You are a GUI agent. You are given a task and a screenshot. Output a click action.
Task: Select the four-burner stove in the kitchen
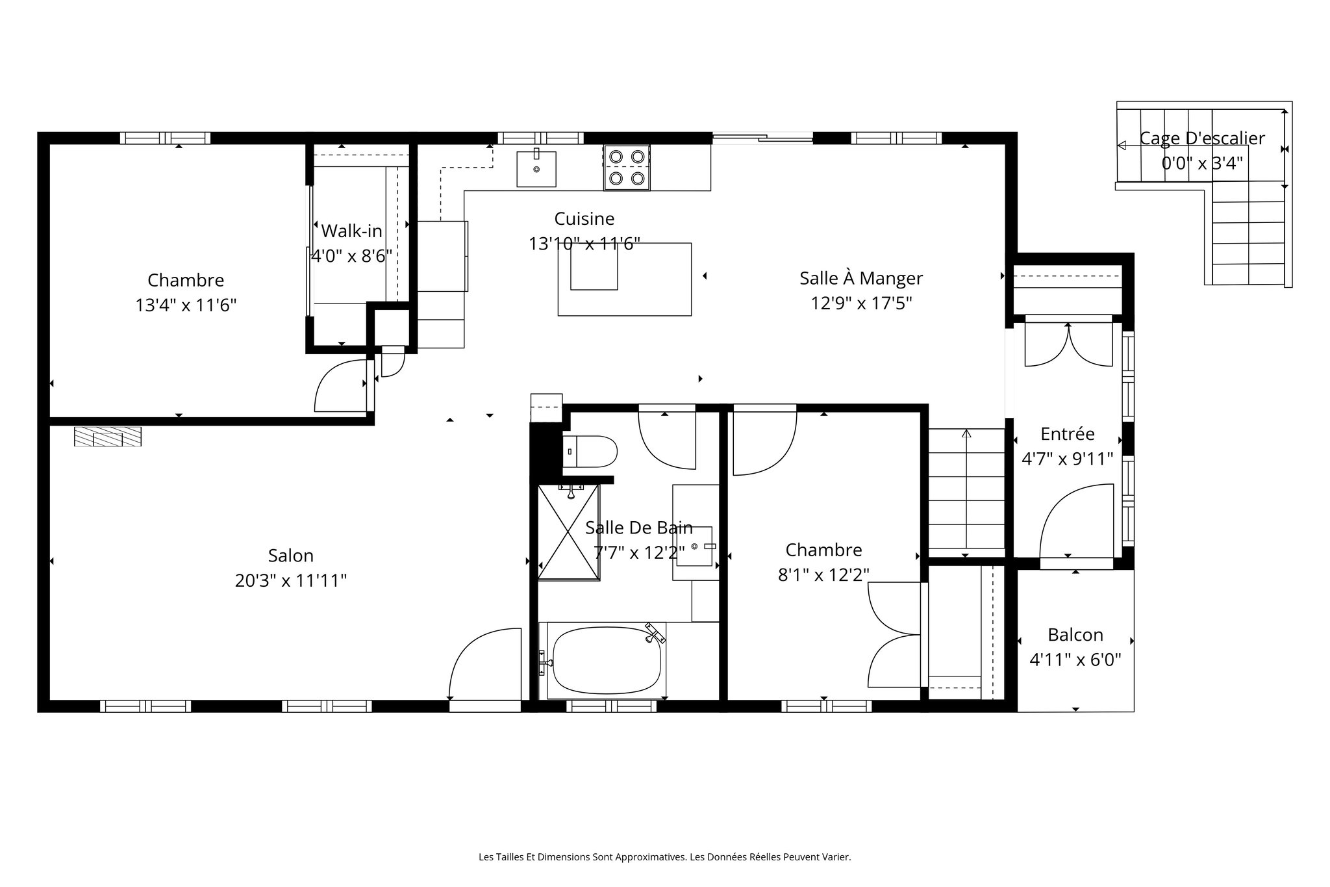627,168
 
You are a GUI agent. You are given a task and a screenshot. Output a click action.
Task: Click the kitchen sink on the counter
536,169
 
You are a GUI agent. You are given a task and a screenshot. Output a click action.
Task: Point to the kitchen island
624,279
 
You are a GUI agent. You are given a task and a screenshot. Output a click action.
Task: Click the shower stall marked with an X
568,532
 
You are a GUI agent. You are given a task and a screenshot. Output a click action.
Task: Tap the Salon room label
290,556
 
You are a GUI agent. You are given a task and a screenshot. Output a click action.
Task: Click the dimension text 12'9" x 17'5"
861,303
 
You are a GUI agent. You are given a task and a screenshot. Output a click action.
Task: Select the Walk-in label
351,231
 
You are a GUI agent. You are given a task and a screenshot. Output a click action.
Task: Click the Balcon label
1075,635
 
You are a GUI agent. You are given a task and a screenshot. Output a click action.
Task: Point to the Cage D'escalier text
1202,138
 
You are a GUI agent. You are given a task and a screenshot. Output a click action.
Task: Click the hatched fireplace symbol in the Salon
108,437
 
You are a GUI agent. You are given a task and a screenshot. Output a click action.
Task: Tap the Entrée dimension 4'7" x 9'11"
1067,459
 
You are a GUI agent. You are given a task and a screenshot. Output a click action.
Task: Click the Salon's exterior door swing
484,663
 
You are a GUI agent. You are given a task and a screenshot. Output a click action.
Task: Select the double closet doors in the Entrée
1068,344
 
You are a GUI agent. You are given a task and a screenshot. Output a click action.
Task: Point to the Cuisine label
584,218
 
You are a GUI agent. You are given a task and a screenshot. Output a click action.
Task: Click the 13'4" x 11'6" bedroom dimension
186,305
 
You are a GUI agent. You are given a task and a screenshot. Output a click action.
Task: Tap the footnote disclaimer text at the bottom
664,857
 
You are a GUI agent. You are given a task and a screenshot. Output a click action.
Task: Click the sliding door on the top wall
762,137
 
